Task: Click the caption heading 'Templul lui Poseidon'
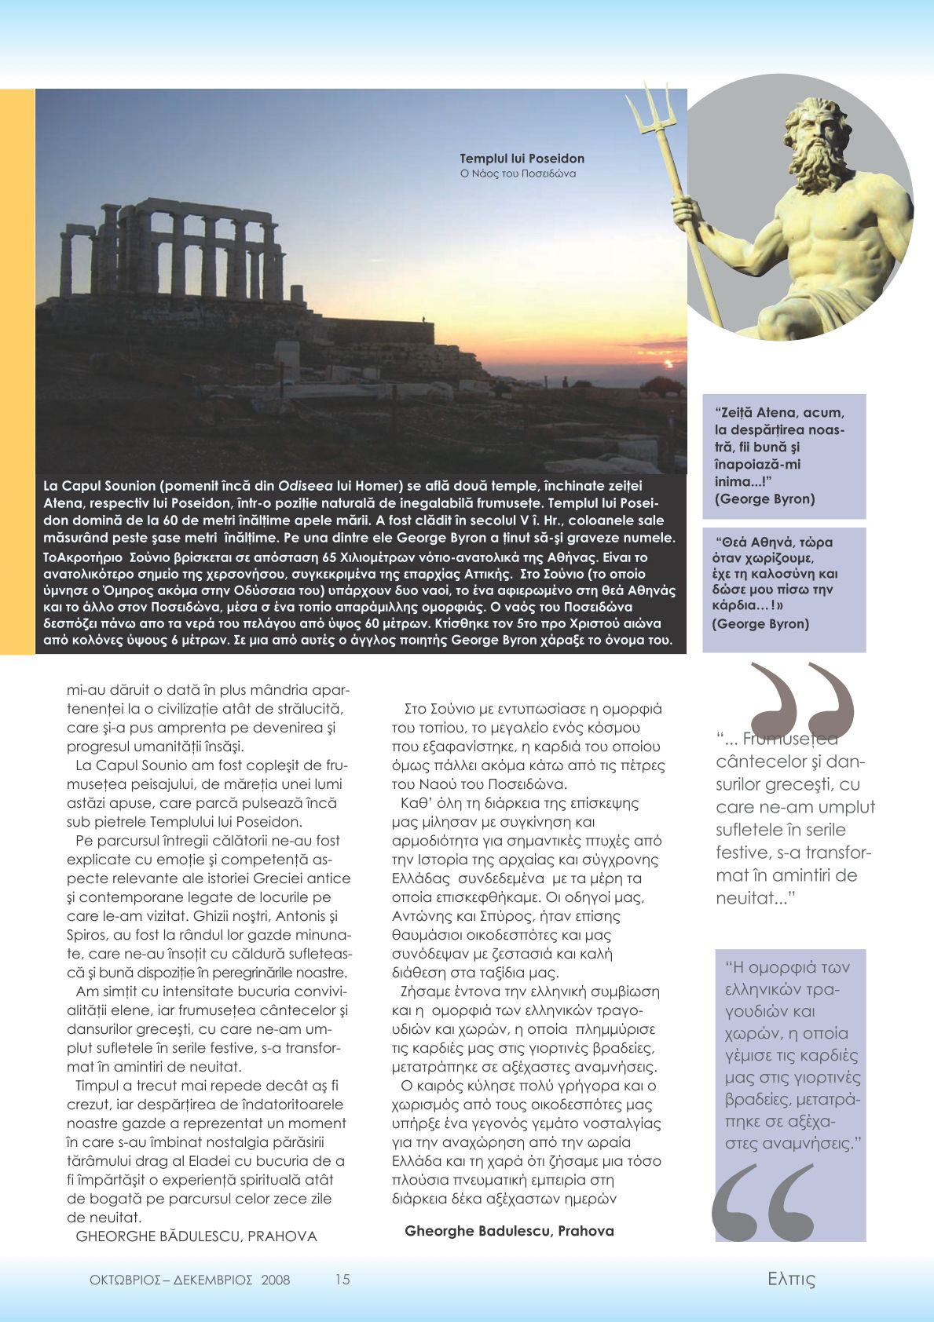click(522, 159)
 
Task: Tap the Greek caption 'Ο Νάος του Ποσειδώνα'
click(518, 173)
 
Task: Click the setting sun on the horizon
click(669, 363)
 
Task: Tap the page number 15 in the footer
click(342, 1279)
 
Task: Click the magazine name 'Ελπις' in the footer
click(791, 1279)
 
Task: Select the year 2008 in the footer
click(276, 1280)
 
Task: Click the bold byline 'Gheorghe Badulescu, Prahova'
click(509, 1231)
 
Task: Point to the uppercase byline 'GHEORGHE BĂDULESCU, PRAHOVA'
click(196, 1236)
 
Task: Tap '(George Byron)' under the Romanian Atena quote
click(753, 498)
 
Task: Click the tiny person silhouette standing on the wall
click(424, 318)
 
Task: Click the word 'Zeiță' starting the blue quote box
click(734, 413)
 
